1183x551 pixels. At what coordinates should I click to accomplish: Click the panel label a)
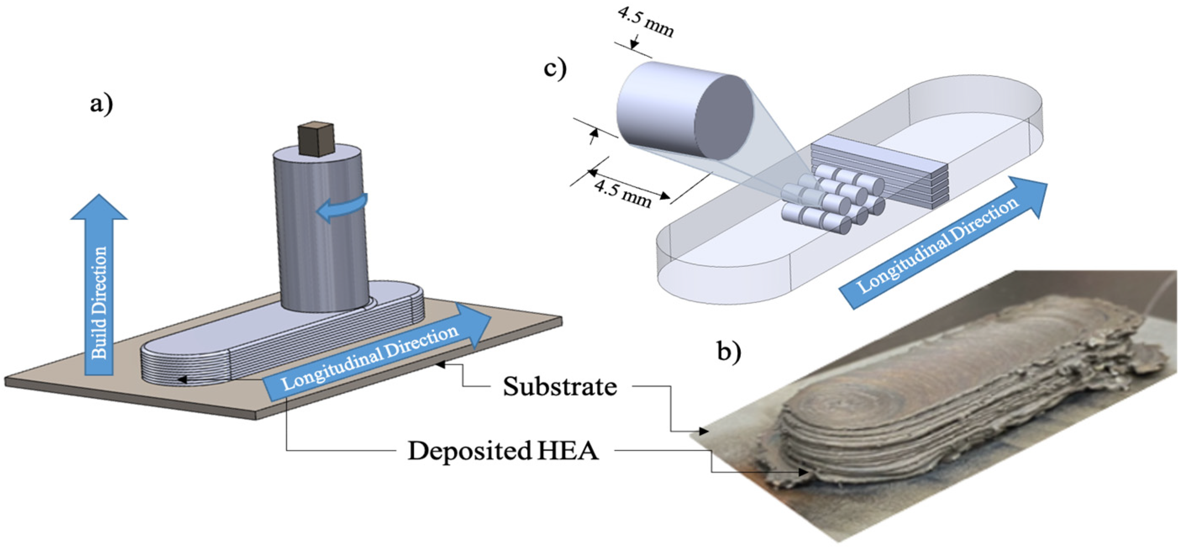[101, 105]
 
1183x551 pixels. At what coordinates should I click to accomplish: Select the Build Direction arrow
[99, 285]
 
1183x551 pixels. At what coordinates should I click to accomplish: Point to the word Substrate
[559, 387]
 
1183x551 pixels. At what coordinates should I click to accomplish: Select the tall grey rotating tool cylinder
[321, 230]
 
